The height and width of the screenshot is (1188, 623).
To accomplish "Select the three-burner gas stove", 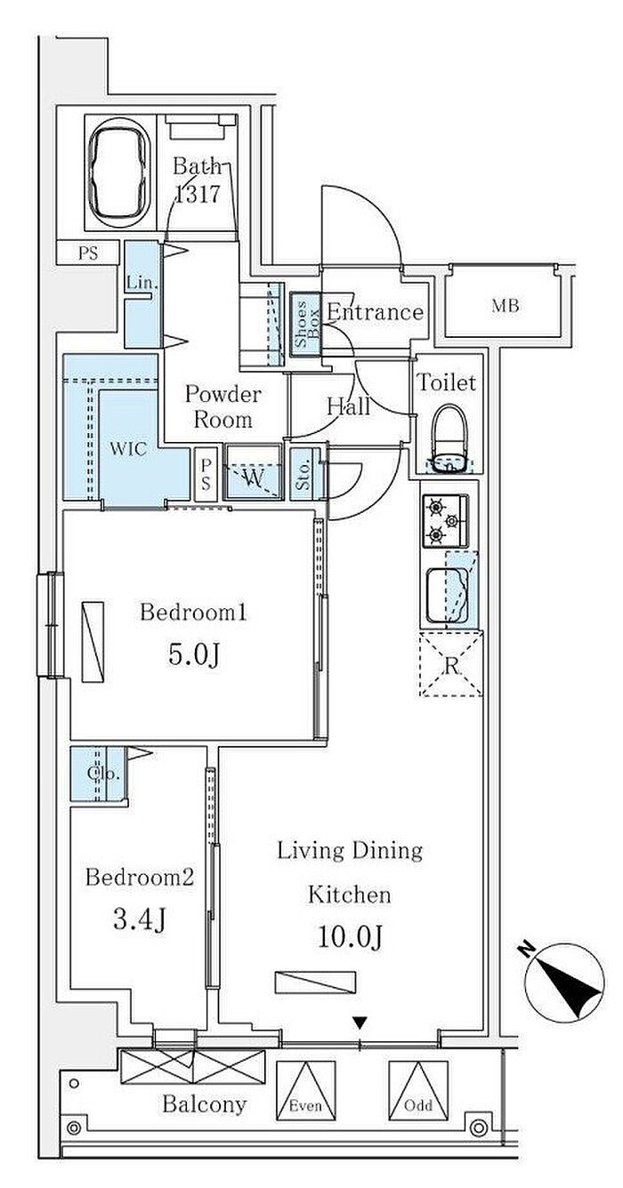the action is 446,521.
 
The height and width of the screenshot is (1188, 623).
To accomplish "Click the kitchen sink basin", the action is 447,596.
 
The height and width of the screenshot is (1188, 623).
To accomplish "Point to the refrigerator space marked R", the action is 451,663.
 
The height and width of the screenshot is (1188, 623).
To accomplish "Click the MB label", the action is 506,306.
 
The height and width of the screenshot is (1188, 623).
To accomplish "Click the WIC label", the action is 128,449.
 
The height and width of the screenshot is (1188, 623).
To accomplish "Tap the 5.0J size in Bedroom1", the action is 194,655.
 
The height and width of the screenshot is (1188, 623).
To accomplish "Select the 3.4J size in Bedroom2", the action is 140,919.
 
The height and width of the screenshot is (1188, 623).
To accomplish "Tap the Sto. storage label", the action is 303,475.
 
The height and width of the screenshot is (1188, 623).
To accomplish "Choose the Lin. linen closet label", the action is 142,282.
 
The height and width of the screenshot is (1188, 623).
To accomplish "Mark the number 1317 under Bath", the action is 197,195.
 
